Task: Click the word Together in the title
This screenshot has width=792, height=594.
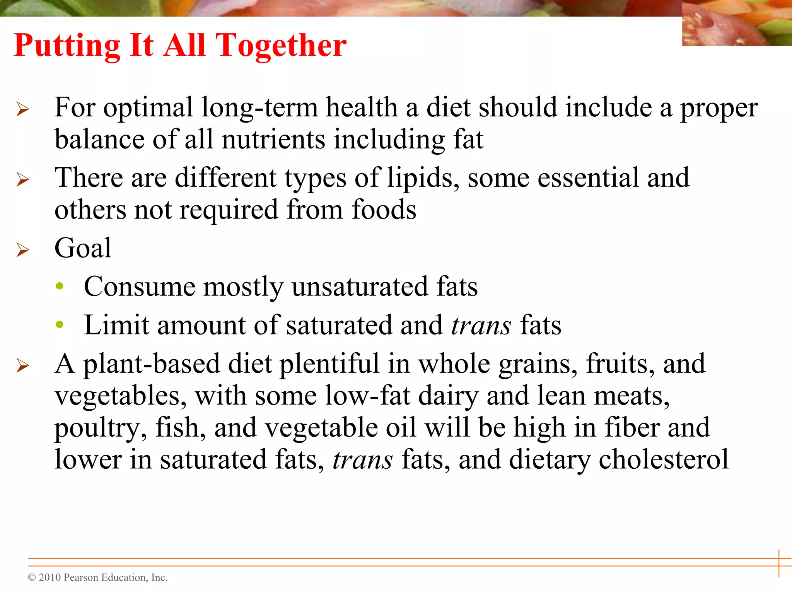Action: (x=280, y=46)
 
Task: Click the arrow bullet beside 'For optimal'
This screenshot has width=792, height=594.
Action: (x=23, y=109)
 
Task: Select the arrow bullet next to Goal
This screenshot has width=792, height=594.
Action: (x=23, y=250)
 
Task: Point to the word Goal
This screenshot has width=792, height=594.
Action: (x=83, y=248)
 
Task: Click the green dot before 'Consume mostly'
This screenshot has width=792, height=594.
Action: (x=60, y=286)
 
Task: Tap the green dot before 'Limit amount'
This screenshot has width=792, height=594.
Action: (x=60, y=324)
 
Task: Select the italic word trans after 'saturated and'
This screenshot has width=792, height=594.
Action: (x=481, y=325)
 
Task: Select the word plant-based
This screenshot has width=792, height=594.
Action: (x=152, y=364)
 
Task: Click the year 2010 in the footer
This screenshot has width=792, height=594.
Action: (x=50, y=577)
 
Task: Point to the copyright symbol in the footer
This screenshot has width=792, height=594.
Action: (x=32, y=578)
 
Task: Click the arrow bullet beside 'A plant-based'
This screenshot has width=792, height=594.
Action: (x=23, y=365)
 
